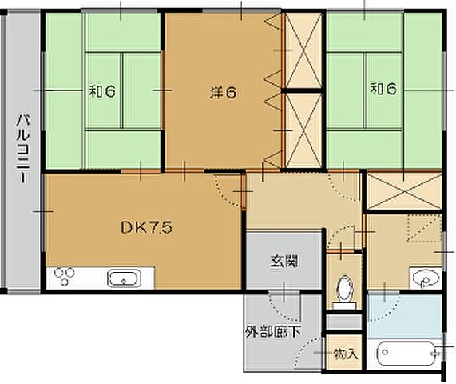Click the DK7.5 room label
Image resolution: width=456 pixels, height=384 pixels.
146,227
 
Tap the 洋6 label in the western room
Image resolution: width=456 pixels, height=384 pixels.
223,93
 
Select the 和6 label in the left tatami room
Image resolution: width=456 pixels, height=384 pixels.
102,91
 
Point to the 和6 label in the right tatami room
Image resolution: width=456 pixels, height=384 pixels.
383,89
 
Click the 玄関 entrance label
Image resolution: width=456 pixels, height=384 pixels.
284,261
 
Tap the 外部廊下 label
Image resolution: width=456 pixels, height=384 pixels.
273,332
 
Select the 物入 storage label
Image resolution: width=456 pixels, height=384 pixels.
346,354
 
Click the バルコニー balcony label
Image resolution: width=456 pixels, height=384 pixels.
23,149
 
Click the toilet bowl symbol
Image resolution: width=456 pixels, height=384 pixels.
344,292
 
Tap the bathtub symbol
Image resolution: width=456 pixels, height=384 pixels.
406,353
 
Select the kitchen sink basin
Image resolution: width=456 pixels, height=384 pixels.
124,278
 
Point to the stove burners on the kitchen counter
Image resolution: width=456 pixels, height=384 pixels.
64,276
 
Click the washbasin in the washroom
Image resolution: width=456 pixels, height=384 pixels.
425,278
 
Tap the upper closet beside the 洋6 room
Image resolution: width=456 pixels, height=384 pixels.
303,50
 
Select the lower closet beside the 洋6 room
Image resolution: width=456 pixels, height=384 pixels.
303,130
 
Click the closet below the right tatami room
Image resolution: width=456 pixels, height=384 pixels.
403,191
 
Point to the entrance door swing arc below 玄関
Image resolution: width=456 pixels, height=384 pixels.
280,310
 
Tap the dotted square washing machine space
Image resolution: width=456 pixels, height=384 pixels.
424,228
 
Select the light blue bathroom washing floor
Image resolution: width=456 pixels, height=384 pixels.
404,316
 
